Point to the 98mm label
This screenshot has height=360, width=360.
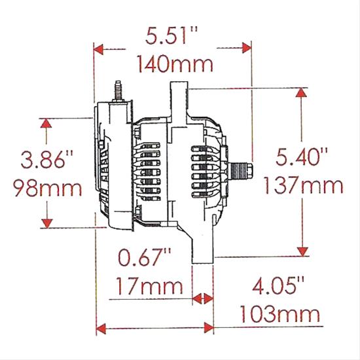coord(47,188)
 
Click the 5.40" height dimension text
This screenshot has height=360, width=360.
coord(302,157)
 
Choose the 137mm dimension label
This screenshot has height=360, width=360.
coord(302,185)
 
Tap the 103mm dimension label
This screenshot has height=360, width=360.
coord(280,315)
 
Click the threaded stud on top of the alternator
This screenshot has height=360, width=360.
coord(118,91)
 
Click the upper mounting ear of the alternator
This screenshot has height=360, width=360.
coord(179,96)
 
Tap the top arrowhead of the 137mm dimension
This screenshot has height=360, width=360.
coord(302,92)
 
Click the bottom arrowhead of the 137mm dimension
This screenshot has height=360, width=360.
coord(302,252)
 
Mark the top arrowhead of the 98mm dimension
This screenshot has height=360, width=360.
coord(46,124)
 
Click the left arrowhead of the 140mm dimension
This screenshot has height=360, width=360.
coord(99,48)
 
